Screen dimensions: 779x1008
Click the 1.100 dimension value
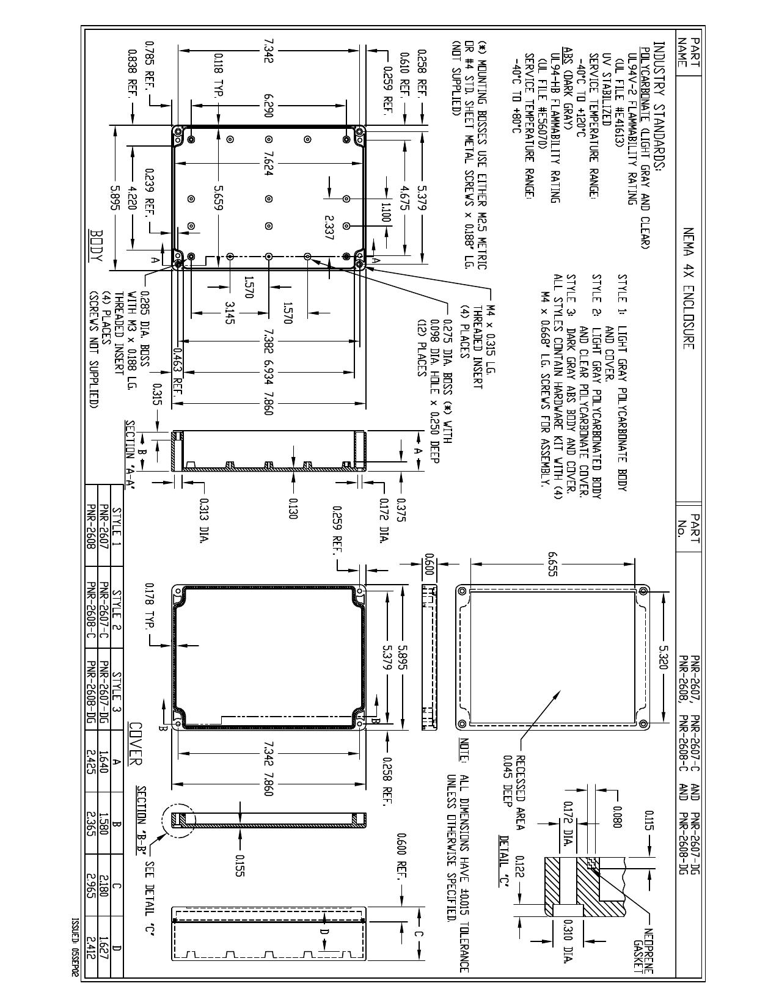click(x=384, y=213)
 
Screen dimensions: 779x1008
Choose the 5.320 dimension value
click(x=663, y=657)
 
